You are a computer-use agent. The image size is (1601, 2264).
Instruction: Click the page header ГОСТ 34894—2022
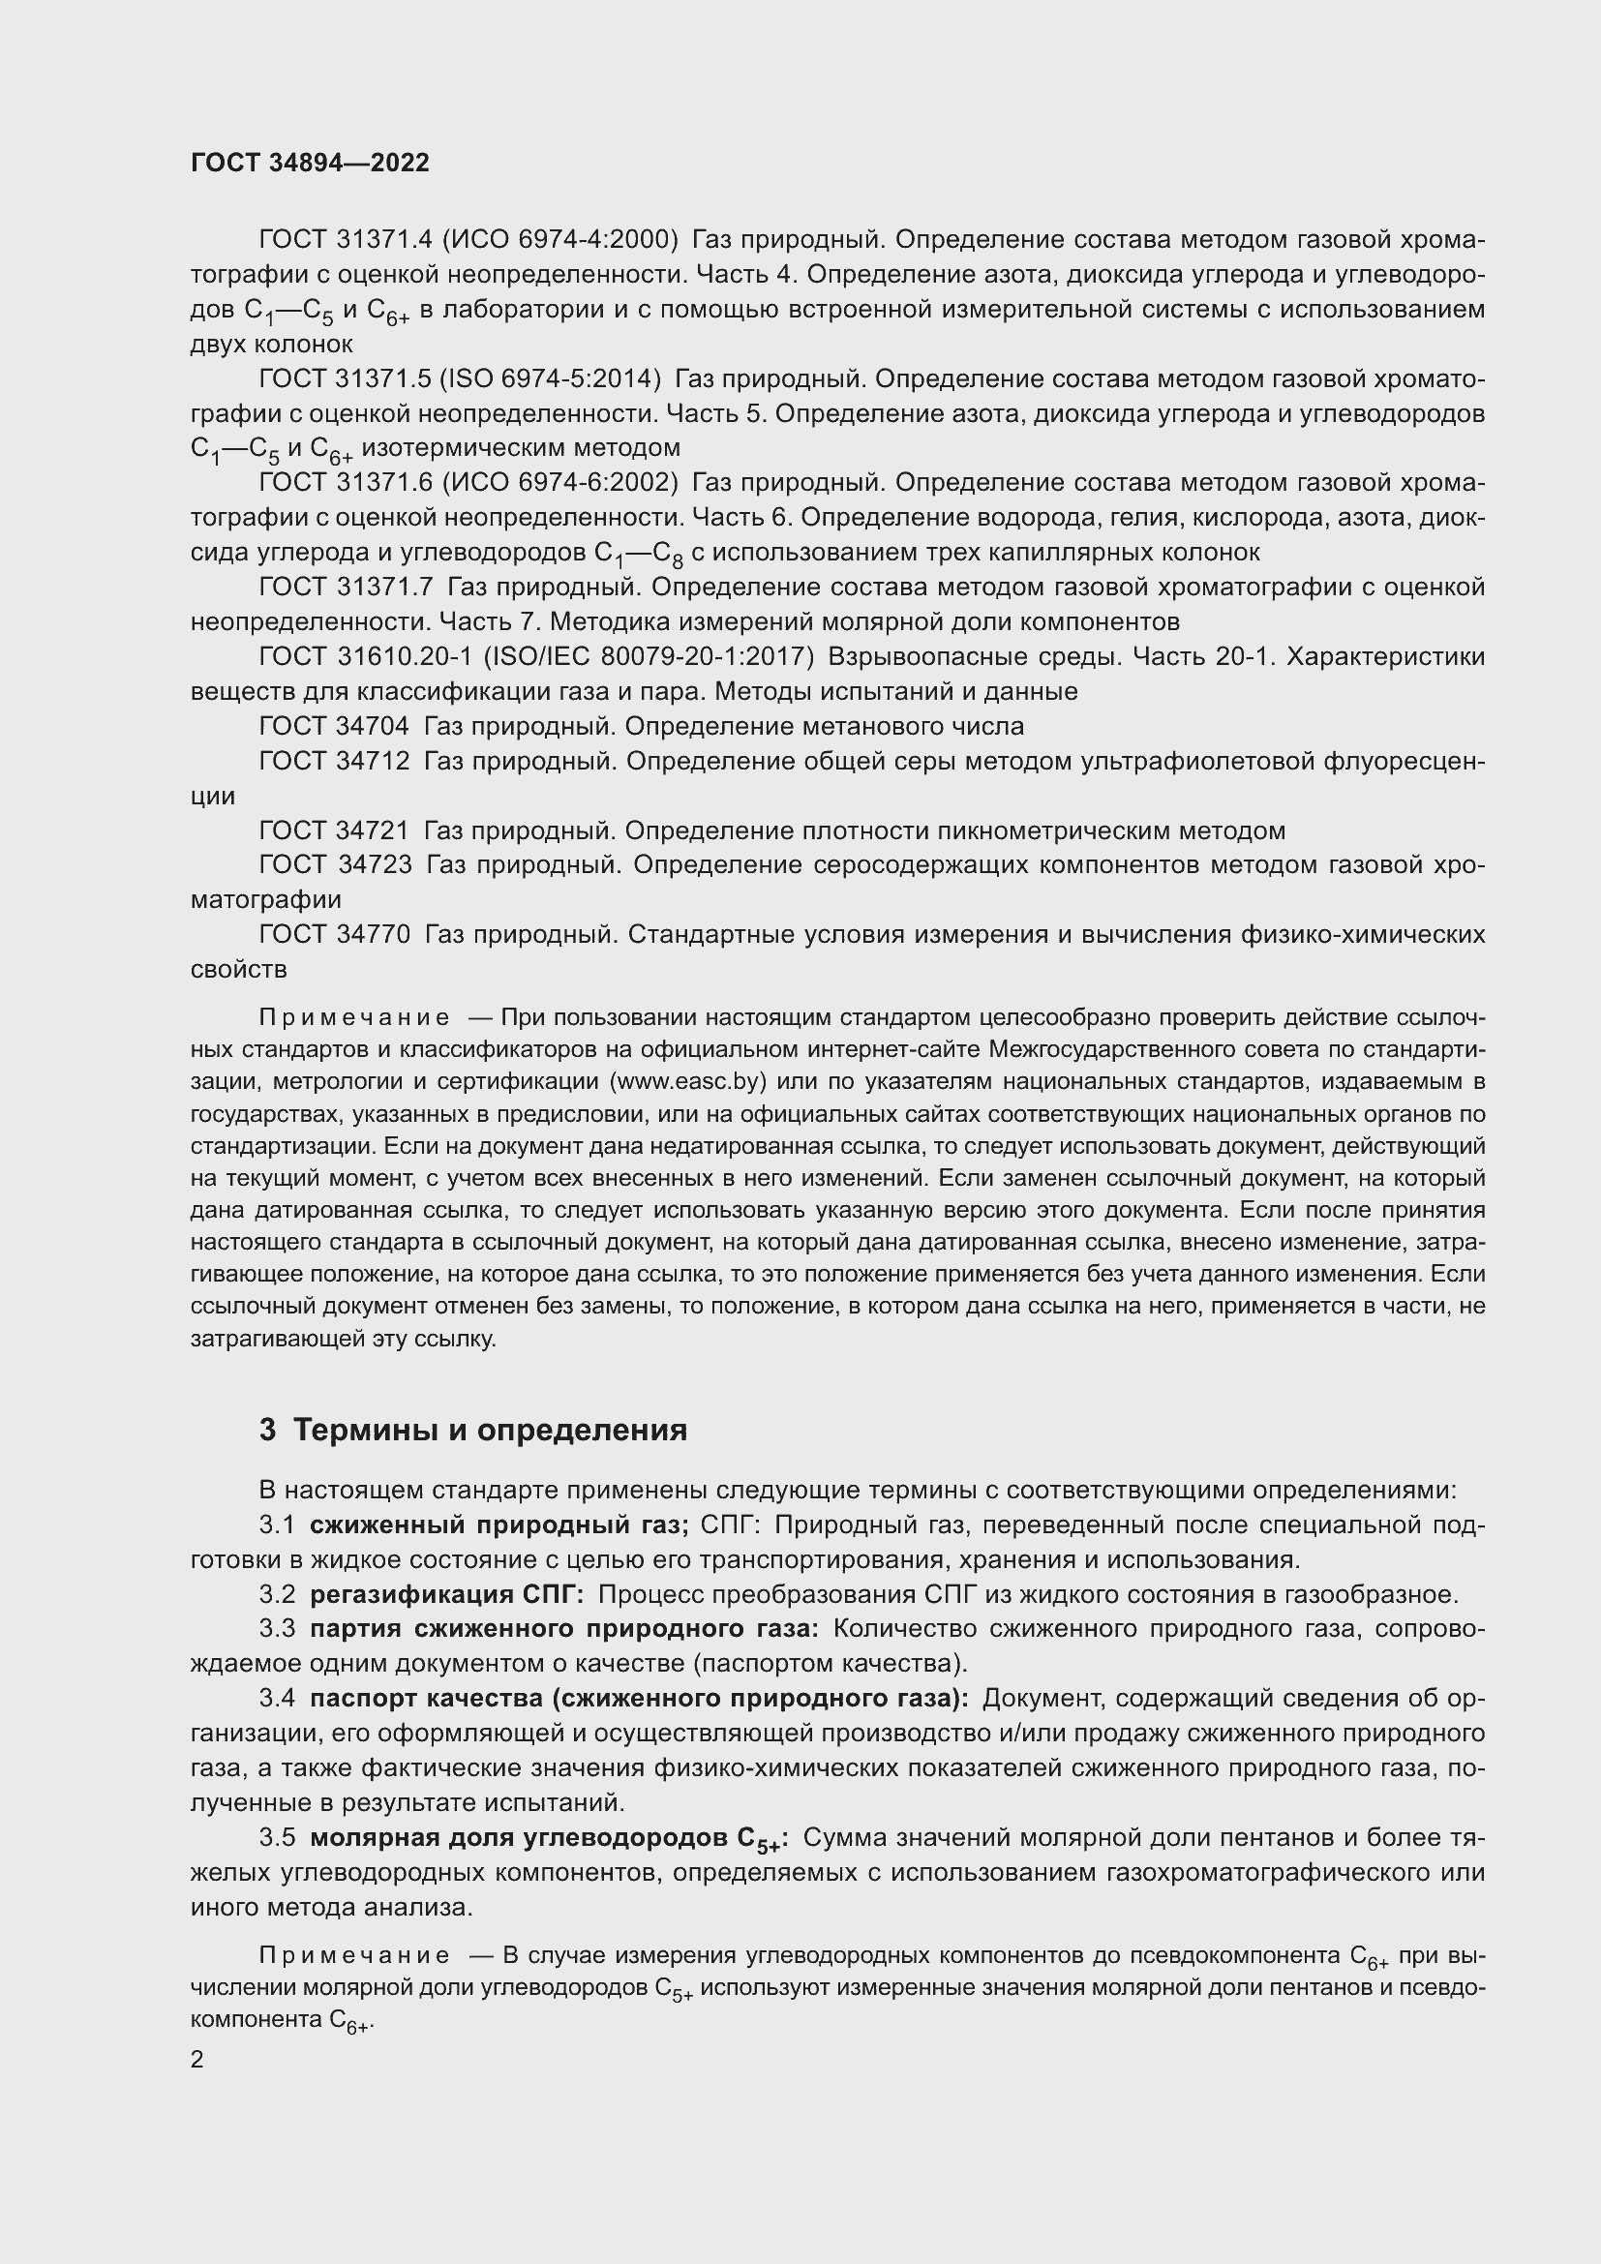coord(310,163)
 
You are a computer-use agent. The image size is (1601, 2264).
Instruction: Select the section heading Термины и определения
coord(490,1430)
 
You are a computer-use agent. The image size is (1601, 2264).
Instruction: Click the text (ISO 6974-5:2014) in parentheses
coord(550,378)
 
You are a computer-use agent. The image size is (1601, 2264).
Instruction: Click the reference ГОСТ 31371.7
coord(345,587)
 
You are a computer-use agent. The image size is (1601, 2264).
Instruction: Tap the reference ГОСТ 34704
coord(333,727)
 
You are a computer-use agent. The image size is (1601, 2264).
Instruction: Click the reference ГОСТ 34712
coord(333,761)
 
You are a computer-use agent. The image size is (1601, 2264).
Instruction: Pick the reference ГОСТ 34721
coord(333,830)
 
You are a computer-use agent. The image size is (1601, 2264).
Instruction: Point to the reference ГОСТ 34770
coord(333,934)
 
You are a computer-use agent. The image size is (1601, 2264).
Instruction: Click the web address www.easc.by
coord(689,1082)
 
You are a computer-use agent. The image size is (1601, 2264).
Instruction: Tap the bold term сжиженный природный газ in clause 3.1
coord(498,1525)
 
